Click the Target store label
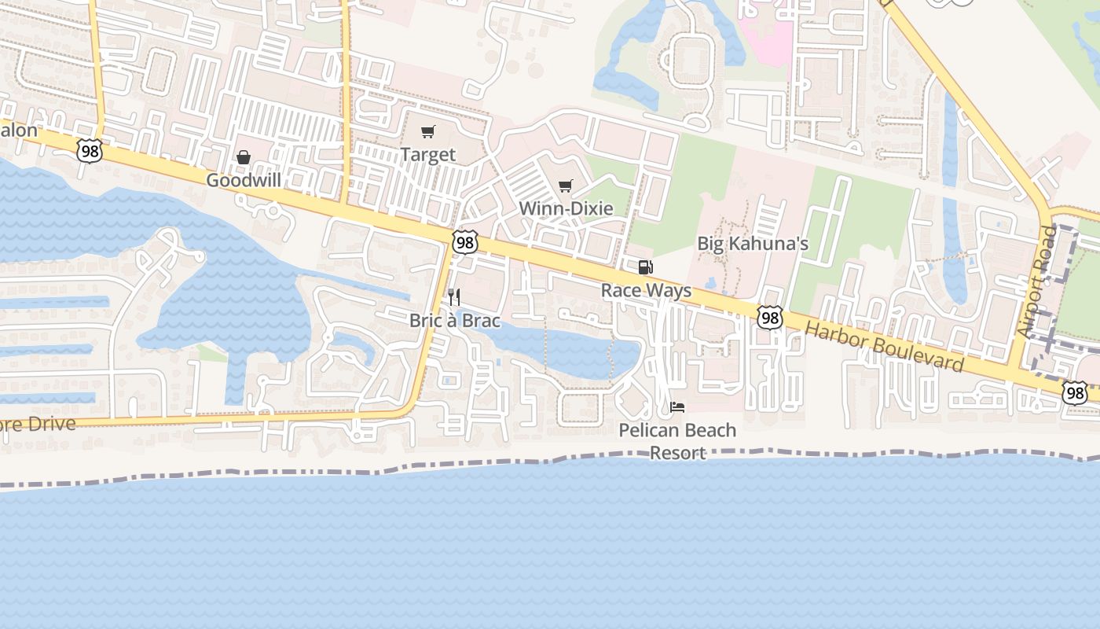(x=427, y=154)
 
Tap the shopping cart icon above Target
(x=427, y=132)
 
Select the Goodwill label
(x=244, y=180)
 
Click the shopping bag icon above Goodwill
(x=244, y=158)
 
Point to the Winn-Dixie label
(x=566, y=208)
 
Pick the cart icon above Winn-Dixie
(x=566, y=186)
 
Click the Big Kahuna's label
(x=753, y=244)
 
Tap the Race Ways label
(x=646, y=290)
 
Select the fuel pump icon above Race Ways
(x=646, y=267)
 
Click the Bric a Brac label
(x=454, y=320)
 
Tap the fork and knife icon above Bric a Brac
(x=454, y=297)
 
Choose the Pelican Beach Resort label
(x=677, y=441)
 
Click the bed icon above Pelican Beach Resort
(x=677, y=407)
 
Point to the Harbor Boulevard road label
(x=885, y=347)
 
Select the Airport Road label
(x=1036, y=282)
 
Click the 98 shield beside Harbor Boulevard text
(x=770, y=317)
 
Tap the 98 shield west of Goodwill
(x=90, y=151)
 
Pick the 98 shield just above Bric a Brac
(x=465, y=243)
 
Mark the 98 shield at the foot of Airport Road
(x=1074, y=392)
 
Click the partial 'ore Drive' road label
(x=38, y=425)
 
